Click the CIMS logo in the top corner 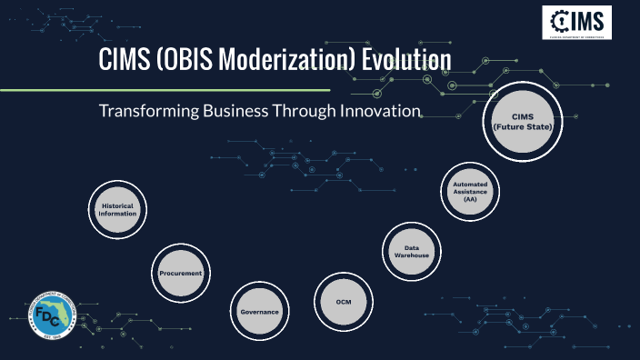pyautogui.click(x=576, y=22)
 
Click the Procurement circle pyautogui.click(x=180, y=273)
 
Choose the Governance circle pyautogui.click(x=259, y=312)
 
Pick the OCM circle pyautogui.click(x=343, y=300)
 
